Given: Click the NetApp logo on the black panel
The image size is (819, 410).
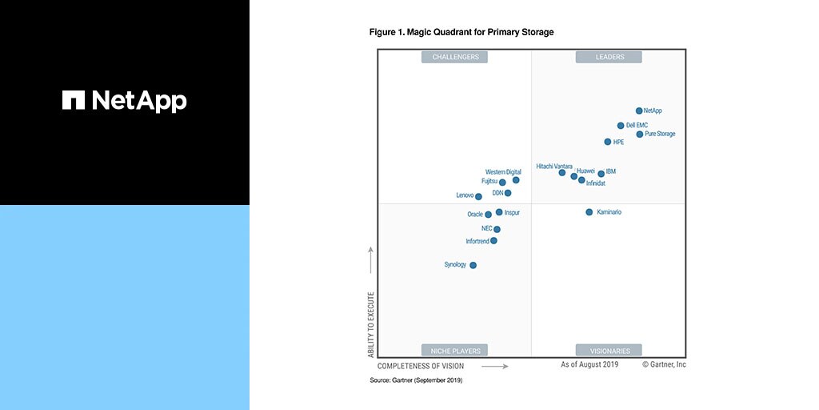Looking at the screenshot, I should tap(125, 100).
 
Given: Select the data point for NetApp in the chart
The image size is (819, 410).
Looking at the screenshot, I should tap(639, 111).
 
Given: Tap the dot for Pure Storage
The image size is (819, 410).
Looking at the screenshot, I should tap(640, 134).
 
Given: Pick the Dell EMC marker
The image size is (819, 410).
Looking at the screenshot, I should tap(621, 126).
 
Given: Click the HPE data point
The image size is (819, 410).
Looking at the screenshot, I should tap(608, 142).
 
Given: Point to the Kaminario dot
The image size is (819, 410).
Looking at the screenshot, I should tap(589, 212).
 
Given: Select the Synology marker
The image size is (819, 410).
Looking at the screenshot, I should tap(473, 265).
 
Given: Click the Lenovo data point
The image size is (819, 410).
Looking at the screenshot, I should tap(478, 196).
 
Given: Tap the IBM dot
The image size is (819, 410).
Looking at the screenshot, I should tap(601, 173).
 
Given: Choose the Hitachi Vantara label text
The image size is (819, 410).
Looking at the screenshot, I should tap(554, 166).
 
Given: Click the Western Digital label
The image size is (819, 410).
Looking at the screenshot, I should tap(503, 172).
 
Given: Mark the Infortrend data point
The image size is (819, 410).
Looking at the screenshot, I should tap(493, 240).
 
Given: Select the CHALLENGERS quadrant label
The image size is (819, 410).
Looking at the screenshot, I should tap(455, 57).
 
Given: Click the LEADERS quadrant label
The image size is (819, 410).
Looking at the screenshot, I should tap(610, 57).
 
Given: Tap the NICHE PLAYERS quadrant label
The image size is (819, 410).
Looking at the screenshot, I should tap(455, 351).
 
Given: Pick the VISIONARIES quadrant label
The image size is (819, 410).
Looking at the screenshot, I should tap(610, 351).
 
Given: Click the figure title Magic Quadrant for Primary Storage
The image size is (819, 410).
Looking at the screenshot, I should tap(461, 32).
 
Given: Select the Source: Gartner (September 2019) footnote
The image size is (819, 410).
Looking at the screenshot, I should tap(416, 380).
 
